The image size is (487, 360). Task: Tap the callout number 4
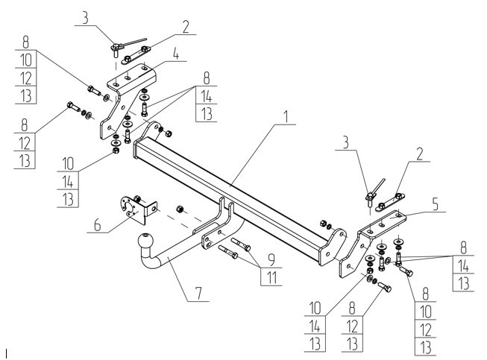pos(176,54)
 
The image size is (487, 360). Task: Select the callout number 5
pos(435,205)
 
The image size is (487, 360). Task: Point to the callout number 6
pos(97,224)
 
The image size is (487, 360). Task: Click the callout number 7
pos(198,294)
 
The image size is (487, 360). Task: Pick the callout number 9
pos(271,260)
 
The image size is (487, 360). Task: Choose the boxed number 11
pos(271,277)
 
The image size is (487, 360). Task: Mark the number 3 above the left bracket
pos(85,18)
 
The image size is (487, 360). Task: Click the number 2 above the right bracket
pos(420,154)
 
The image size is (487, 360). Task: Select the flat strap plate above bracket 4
pos(136,55)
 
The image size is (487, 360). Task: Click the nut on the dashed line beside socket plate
pos(179,209)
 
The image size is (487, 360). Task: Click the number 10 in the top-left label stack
pos(26,60)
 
